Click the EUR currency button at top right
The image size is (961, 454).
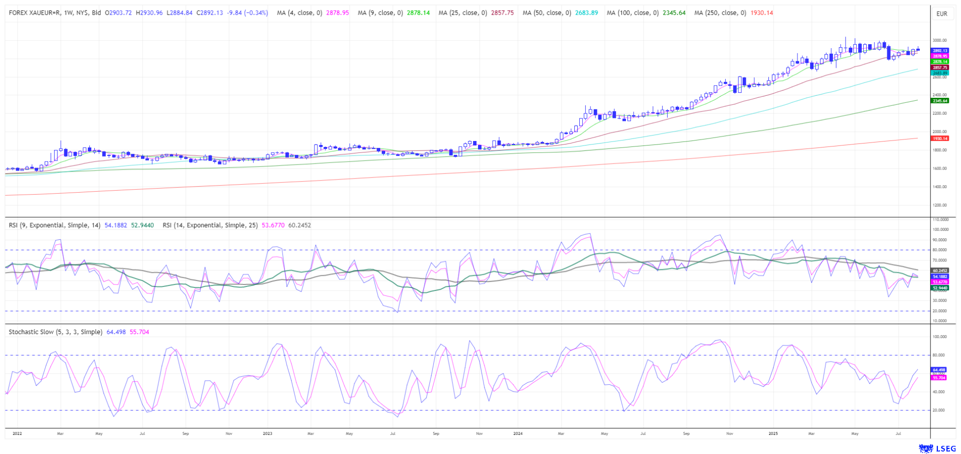tap(941, 14)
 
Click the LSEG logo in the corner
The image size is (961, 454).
tap(937, 448)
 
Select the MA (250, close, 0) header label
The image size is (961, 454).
tap(720, 13)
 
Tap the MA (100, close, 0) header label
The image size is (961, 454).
tap(632, 13)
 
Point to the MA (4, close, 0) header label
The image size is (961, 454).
tap(299, 13)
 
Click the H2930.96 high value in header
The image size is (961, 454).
tap(149, 13)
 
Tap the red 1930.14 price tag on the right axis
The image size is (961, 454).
tap(939, 138)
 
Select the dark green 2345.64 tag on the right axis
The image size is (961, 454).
tap(939, 101)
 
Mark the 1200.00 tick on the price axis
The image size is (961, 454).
tap(939, 205)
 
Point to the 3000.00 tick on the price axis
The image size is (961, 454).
tap(939, 40)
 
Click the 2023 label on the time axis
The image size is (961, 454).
tap(267, 433)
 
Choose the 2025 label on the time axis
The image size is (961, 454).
tap(773, 433)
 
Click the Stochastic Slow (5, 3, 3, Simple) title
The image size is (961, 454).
tap(55, 332)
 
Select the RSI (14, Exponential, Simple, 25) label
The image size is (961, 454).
tap(210, 225)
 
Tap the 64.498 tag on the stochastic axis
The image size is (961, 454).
tap(939, 370)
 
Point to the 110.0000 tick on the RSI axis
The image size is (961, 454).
tap(940, 220)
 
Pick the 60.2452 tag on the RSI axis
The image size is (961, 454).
tap(940, 270)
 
